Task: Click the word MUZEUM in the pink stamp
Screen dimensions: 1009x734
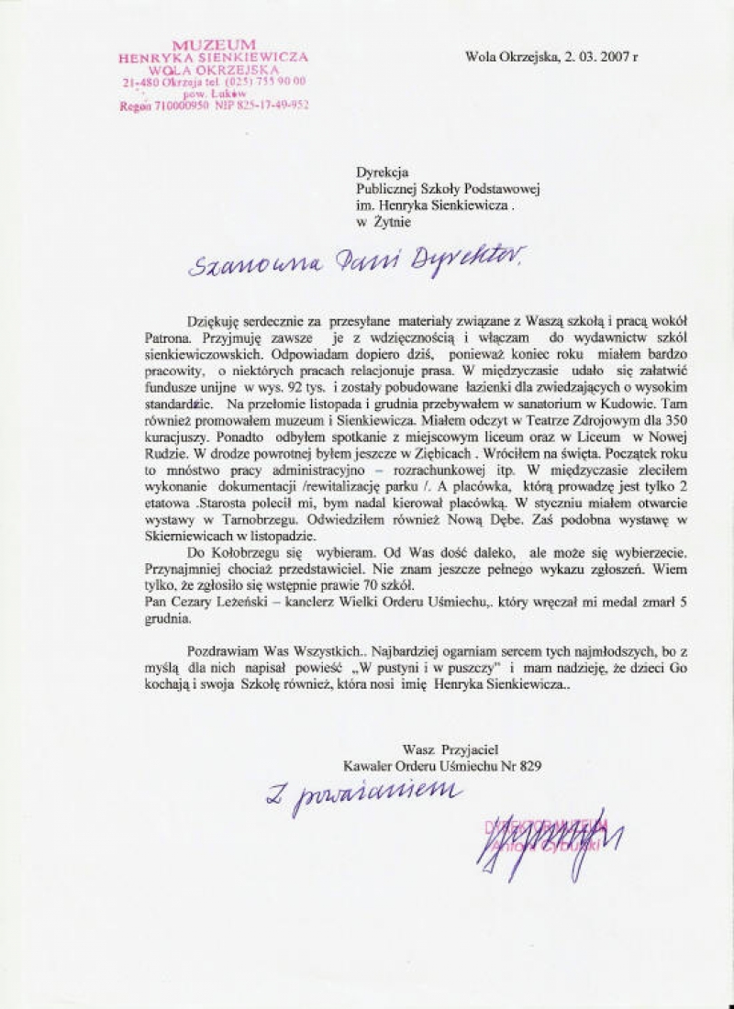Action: (214, 45)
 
